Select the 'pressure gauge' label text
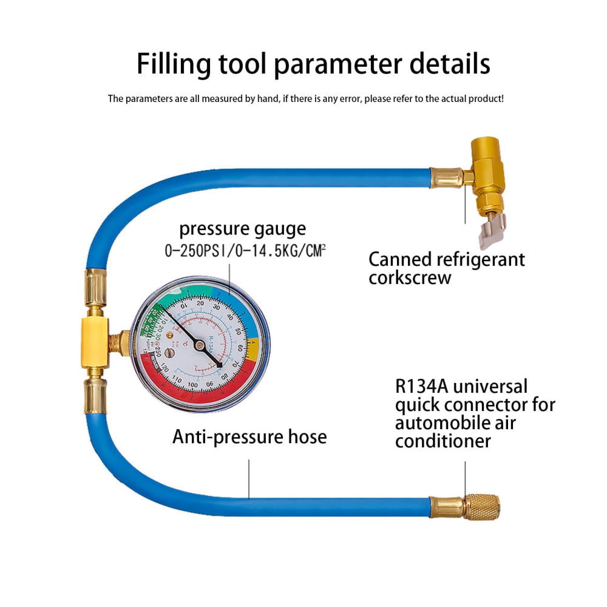tap(242, 229)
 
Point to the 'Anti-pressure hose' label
tap(249, 436)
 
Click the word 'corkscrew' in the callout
tap(410, 278)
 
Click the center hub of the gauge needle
tap(199, 345)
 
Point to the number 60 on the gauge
tap(240, 348)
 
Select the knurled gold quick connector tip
tap(482, 507)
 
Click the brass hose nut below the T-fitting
tap(95, 395)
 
